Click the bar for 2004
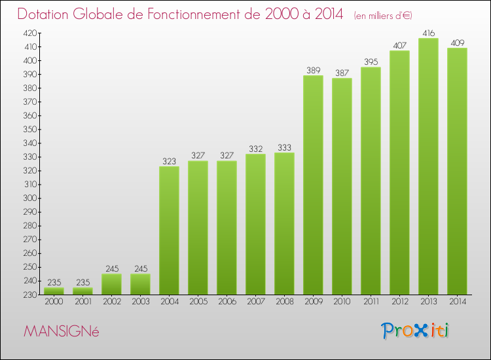coord(169,230)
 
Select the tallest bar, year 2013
coord(428,166)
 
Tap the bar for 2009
coord(313,185)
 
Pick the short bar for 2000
coord(54,291)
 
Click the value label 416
coord(428,33)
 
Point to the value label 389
coord(313,70)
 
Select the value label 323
coord(169,161)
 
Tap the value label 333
coord(284,147)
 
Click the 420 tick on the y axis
coord(30,33)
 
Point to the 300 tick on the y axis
coord(30,198)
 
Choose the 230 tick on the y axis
coord(30,295)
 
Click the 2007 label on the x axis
coord(255,302)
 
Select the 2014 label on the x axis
coord(457,302)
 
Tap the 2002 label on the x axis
coord(111,302)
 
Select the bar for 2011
coord(371,181)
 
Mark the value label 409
coord(457,43)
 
